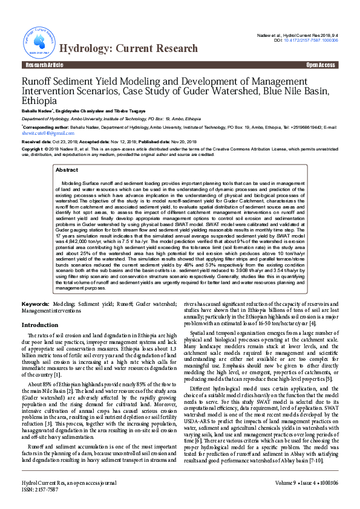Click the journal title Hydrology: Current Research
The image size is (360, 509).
pyautogui.click(x=128, y=48)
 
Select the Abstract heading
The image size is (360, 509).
pyautogui.click(x=67, y=170)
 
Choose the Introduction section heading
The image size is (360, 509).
pyautogui.click(x=40, y=325)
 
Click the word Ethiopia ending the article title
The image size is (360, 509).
pyautogui.click(x=40, y=101)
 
